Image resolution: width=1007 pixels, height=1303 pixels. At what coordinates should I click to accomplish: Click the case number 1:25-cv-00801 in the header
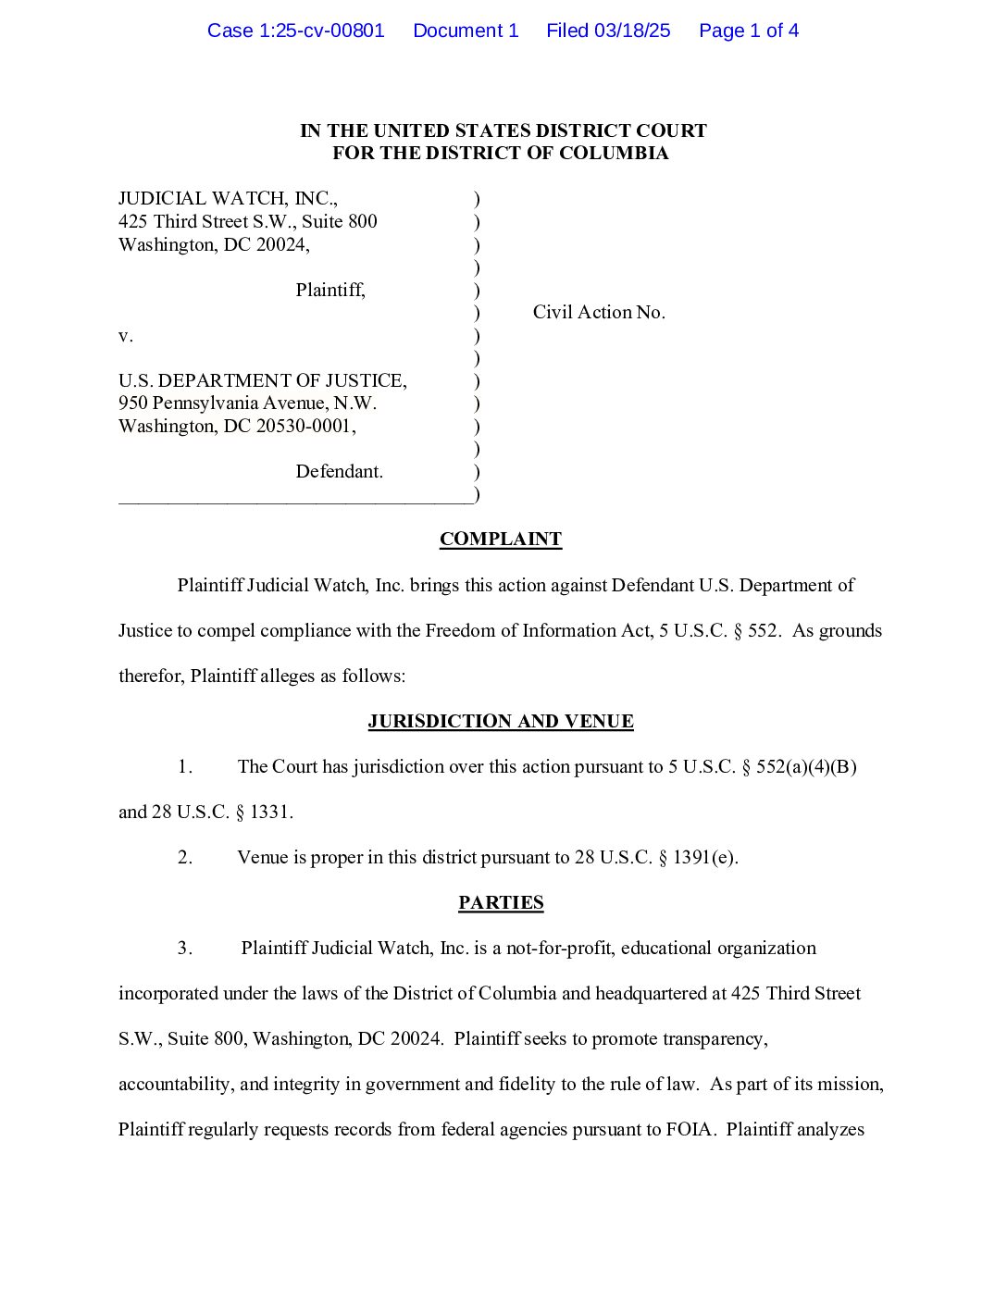coord(321,31)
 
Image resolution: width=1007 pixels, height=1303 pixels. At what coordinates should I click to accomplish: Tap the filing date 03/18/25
coord(632,31)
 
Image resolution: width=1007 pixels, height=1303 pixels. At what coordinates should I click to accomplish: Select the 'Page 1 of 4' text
coord(749,31)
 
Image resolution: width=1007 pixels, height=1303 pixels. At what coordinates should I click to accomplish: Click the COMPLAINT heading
coord(501,539)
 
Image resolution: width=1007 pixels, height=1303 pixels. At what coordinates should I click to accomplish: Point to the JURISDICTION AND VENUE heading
coord(501,721)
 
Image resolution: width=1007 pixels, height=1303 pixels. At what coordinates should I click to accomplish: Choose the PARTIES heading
coord(501,902)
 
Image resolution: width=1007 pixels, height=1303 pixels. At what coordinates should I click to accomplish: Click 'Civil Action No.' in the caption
coord(599,312)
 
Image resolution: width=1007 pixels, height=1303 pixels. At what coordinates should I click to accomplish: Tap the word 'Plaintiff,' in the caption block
coord(330,290)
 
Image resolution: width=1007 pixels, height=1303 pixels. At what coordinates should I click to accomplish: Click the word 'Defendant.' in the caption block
coord(339,471)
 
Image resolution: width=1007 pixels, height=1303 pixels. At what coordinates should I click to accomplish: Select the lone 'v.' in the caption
coord(126,336)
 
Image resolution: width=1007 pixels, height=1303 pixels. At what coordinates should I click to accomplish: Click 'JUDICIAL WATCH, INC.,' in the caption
coord(228,198)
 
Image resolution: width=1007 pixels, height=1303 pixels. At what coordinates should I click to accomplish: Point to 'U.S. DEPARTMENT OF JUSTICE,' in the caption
coord(263,380)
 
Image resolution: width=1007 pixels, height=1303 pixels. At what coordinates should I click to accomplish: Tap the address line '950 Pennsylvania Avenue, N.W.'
coord(247,403)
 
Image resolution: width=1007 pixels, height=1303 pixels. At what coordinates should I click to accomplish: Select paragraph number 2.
coord(185,857)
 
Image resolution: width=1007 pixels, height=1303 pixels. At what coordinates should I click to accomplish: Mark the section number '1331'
coord(271,812)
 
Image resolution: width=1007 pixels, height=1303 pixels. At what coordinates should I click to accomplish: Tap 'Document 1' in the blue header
coord(466,31)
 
